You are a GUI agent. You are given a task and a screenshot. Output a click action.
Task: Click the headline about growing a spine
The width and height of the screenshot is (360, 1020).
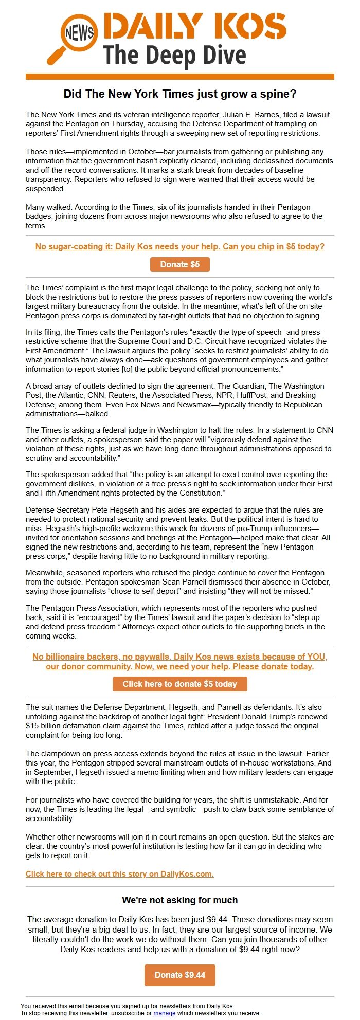point(180,94)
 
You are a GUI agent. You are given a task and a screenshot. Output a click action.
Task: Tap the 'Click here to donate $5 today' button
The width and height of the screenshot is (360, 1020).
point(180,684)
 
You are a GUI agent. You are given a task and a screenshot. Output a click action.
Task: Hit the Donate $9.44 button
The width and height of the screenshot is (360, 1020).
point(180,975)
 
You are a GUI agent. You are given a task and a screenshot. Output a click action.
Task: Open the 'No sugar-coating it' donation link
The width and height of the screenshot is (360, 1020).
point(180,246)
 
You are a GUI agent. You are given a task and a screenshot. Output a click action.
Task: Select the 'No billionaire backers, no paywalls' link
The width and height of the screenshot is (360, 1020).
point(180,662)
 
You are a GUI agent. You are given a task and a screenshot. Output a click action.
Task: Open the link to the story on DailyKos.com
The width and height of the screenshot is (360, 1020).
point(120,874)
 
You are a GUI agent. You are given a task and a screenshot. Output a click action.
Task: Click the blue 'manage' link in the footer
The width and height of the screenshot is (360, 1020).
point(165,1013)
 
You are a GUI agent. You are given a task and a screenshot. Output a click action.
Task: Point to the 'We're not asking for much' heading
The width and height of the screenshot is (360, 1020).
point(180,900)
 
